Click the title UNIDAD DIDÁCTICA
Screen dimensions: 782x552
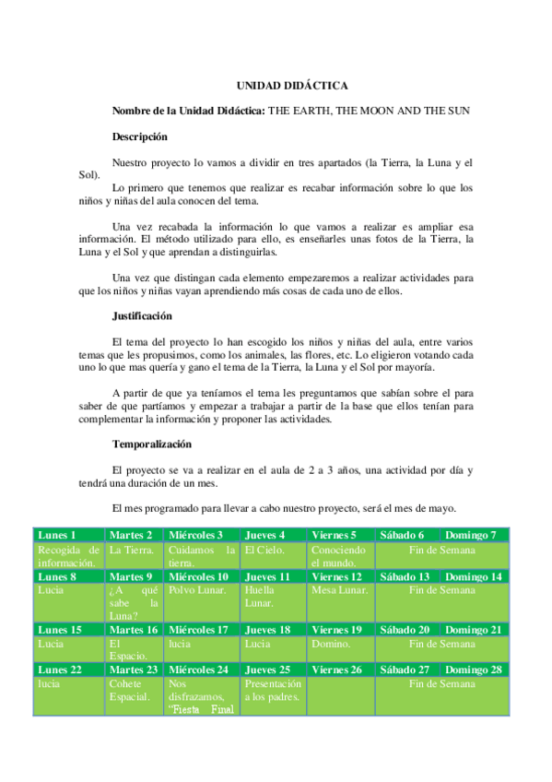(291, 86)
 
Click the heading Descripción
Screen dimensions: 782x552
(139, 136)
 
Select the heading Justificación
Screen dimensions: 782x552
(142, 315)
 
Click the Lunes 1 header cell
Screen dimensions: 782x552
(57, 535)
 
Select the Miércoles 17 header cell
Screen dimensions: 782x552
(198, 630)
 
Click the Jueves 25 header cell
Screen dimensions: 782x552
(268, 669)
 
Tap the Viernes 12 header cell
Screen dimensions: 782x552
(337, 576)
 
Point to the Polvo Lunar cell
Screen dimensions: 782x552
(195, 590)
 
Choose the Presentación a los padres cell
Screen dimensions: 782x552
(273, 691)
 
